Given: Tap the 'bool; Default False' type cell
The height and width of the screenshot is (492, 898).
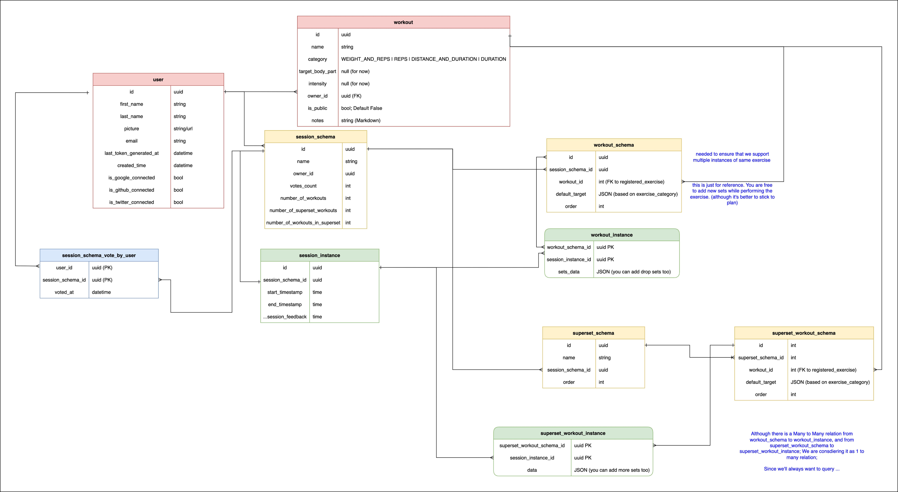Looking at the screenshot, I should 362,108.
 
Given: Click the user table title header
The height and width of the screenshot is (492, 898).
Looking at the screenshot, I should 158,80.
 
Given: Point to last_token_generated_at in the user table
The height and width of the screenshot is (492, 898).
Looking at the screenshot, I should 131,153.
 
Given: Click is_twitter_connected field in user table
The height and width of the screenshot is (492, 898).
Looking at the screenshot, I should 131,202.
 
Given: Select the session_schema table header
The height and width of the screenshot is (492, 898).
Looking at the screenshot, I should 315,137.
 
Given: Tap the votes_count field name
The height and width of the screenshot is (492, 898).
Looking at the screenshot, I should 303,186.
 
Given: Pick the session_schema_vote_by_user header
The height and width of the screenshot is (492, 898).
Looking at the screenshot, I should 99,255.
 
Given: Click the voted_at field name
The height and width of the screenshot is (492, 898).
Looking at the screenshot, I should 64,292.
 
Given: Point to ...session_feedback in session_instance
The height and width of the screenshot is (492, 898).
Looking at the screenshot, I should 285,317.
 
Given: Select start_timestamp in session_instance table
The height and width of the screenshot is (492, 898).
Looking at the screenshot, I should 285,292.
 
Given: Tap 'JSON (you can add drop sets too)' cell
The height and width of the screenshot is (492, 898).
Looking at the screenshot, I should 633,272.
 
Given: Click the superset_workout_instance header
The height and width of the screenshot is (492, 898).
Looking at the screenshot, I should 573,433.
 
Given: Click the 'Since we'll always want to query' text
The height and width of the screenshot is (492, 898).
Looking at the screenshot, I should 801,469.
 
